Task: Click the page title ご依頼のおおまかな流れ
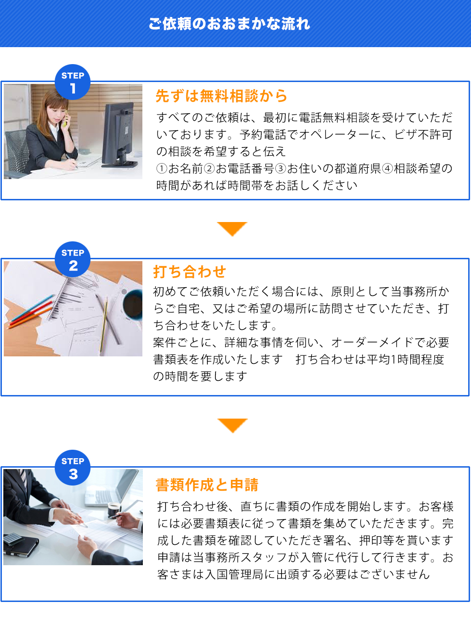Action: pyautogui.click(x=229, y=24)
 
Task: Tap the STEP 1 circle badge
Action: pyautogui.click(x=73, y=82)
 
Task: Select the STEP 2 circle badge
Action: pyautogui.click(x=73, y=259)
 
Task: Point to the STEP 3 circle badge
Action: pyautogui.click(x=73, y=468)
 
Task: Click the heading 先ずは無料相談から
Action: pyautogui.click(x=221, y=96)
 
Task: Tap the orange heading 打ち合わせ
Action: pyautogui.click(x=190, y=272)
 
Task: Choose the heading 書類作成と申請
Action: pyautogui.click(x=207, y=485)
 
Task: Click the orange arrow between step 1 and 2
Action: pyautogui.click(x=232, y=228)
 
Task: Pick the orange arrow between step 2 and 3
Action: pyautogui.click(x=232, y=425)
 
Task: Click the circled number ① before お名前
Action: pyautogui.click(x=162, y=168)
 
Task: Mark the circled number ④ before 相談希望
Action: pyautogui.click(x=388, y=168)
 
